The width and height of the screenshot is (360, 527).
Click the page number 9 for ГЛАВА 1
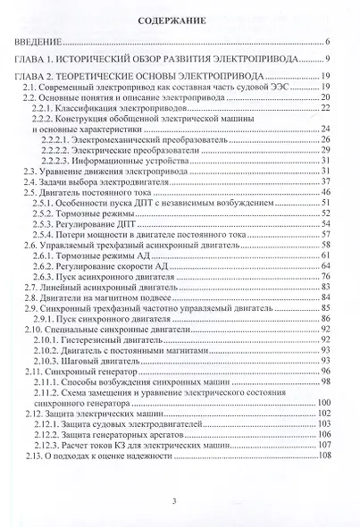click(x=329, y=60)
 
